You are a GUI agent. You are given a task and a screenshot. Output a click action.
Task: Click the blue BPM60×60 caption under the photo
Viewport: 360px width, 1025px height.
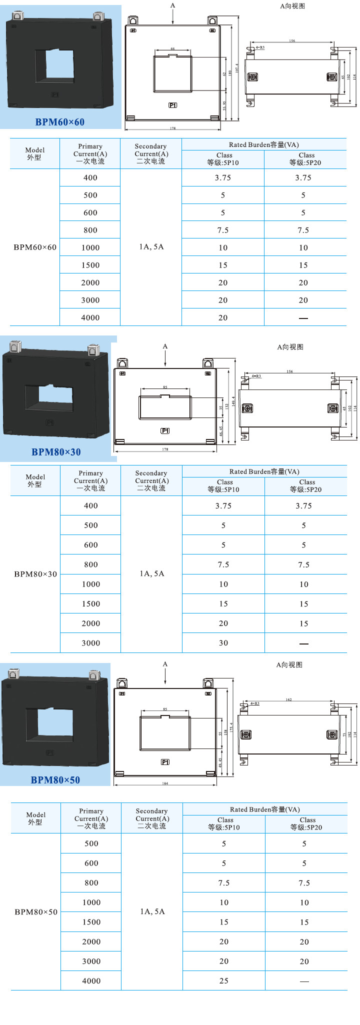coord(59,122)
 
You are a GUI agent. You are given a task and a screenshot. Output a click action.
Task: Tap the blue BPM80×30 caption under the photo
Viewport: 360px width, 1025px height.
coord(56,452)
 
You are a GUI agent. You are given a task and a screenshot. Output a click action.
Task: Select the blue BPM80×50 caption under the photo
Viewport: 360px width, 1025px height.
coord(55,780)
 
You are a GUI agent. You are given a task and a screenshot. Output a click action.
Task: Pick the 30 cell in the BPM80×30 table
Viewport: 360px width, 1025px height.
coord(223,643)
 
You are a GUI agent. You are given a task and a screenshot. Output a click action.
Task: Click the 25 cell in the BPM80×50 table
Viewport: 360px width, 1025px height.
coord(224,980)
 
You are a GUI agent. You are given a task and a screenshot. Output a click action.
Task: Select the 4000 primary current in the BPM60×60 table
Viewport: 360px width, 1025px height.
coord(90,317)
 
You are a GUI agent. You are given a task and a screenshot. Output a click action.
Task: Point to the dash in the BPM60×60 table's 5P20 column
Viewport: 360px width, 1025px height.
coord(303,318)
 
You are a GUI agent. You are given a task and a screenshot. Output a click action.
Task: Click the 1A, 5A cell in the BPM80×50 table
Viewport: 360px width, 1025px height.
coord(152,911)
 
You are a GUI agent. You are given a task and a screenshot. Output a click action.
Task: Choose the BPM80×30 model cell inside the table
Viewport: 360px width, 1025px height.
coord(35,574)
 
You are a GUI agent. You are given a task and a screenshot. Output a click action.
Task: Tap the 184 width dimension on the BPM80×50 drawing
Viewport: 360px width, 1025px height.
coord(165,783)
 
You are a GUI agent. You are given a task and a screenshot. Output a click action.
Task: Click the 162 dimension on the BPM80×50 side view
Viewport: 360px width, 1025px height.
coord(288,699)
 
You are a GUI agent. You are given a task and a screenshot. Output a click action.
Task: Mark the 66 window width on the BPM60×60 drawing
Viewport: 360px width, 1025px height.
coord(172,48)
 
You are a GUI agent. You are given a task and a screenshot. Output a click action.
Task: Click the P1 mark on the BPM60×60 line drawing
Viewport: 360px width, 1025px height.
coord(172,105)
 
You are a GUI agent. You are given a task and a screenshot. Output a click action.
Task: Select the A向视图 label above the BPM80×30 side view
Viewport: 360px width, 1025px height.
coord(290,347)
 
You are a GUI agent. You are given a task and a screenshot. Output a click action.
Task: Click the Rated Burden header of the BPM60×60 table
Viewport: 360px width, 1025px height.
coord(264,144)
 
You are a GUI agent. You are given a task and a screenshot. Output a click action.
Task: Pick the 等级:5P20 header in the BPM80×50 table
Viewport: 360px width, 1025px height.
coord(306,827)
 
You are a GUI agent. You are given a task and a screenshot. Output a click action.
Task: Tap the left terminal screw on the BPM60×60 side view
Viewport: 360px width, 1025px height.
coord(253,77)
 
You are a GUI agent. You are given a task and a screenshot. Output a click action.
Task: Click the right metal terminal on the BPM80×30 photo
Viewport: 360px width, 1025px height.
coord(92,349)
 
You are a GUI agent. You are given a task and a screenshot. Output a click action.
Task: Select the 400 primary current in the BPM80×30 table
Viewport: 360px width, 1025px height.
coord(91,505)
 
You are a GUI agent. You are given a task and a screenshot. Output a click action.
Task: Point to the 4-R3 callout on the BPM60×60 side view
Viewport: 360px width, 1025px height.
coord(260,47)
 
